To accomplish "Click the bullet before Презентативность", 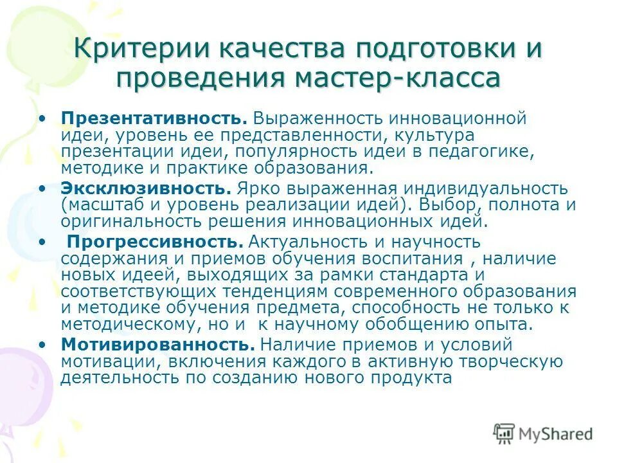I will click(x=42, y=119).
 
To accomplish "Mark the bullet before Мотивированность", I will click(x=42, y=345).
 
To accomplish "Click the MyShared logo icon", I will click(x=505, y=434).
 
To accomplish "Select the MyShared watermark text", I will click(x=555, y=435).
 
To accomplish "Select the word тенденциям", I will click(x=285, y=291).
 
